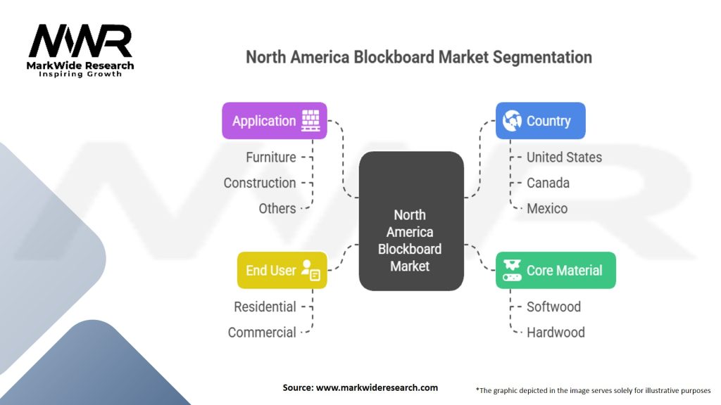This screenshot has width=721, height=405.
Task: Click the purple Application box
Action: pyautogui.click(x=274, y=121)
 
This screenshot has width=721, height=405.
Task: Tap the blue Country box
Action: pyautogui.click(x=540, y=121)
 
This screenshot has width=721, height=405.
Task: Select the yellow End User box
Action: pyautogui.click(x=282, y=270)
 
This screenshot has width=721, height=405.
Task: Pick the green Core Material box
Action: pyautogui.click(x=555, y=270)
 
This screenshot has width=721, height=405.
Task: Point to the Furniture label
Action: pyautogui.click(x=270, y=157)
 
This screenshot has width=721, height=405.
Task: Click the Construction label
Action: pyautogui.click(x=260, y=183)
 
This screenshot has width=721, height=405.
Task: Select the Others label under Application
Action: pyautogui.click(x=277, y=208)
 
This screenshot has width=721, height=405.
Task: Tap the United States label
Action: pyautogui.click(x=564, y=157)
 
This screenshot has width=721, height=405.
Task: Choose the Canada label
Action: pyautogui.click(x=548, y=183)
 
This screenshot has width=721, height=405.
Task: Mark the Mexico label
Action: pyautogui.click(x=547, y=208)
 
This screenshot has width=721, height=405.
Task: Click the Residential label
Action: pyautogui.click(x=265, y=307)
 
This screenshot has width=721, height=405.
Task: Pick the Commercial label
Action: pyautogui.click(x=262, y=333)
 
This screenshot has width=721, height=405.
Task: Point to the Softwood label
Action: pyautogui.click(x=553, y=307)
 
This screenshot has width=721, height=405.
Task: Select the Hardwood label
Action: pyautogui.click(x=556, y=333)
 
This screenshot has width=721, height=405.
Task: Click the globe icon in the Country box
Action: pyautogui.click(x=513, y=120)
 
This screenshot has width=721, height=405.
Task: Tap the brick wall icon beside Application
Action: pyautogui.click(x=311, y=120)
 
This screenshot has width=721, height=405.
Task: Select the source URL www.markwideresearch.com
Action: pyautogui.click(x=377, y=387)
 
